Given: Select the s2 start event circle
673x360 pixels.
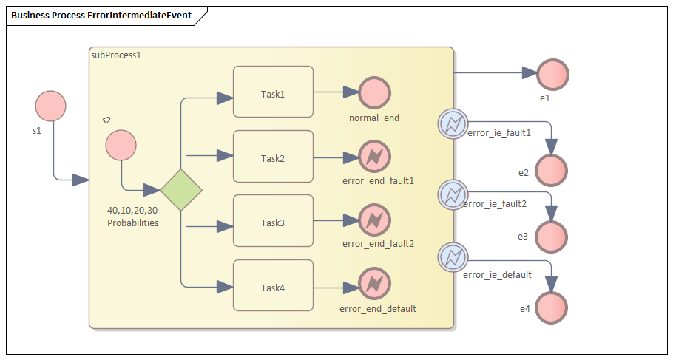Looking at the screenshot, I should click(121, 145).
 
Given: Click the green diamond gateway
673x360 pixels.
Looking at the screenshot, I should click(181, 189).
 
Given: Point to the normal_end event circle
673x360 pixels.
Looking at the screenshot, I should click(374, 92).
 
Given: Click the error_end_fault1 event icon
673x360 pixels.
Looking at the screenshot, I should click(374, 157).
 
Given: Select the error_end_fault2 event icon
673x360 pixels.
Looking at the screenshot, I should click(374, 220).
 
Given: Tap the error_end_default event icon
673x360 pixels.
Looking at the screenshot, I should click(374, 285).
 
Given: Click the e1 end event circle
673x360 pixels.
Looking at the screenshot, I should click(552, 74).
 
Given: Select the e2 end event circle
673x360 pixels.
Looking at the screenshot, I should click(552, 171).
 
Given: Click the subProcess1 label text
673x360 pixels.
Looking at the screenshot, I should click(115, 55).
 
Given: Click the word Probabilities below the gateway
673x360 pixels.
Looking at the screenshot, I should click(132, 223).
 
